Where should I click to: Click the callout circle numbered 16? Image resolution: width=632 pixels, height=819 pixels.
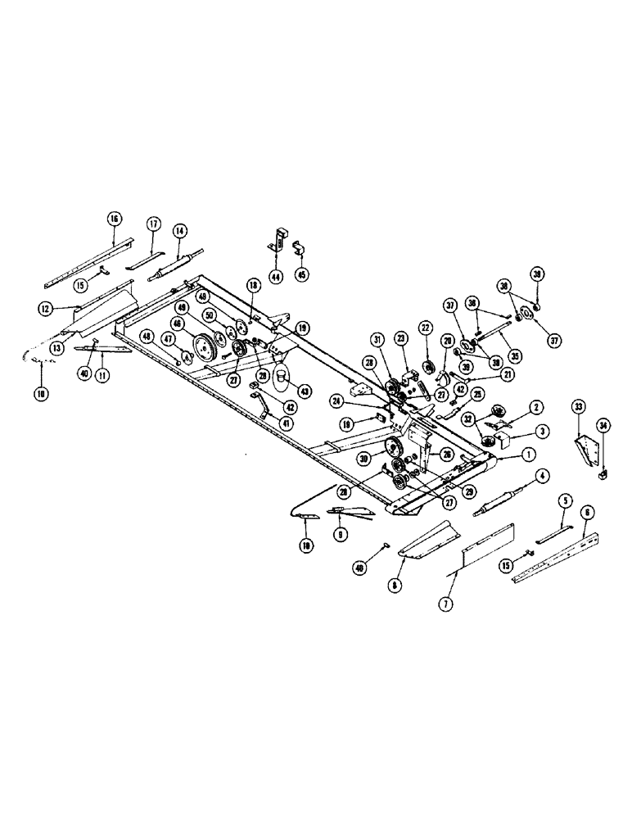(x=114, y=218)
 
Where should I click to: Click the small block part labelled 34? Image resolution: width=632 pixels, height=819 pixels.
(x=605, y=471)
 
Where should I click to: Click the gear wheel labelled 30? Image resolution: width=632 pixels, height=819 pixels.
(x=392, y=447)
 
